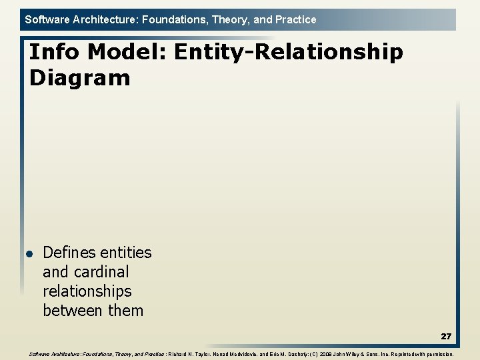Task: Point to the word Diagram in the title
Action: pyautogui.click(x=80, y=78)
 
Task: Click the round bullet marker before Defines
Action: pyautogui.click(x=29, y=254)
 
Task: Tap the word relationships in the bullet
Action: pyautogui.click(x=87, y=291)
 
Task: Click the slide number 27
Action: pyautogui.click(x=445, y=337)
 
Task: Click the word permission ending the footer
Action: pyautogui.click(x=438, y=355)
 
